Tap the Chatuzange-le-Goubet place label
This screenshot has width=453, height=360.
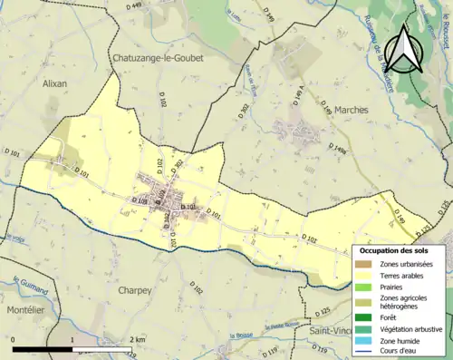(158, 57)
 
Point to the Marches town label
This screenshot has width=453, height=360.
(352, 110)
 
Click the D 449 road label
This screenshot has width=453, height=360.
(136, 6)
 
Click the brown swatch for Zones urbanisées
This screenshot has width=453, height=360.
(367, 263)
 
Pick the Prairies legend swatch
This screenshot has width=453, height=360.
(367, 287)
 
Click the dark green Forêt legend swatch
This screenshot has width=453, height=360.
(367, 316)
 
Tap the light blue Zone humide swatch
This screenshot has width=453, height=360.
(367, 340)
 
